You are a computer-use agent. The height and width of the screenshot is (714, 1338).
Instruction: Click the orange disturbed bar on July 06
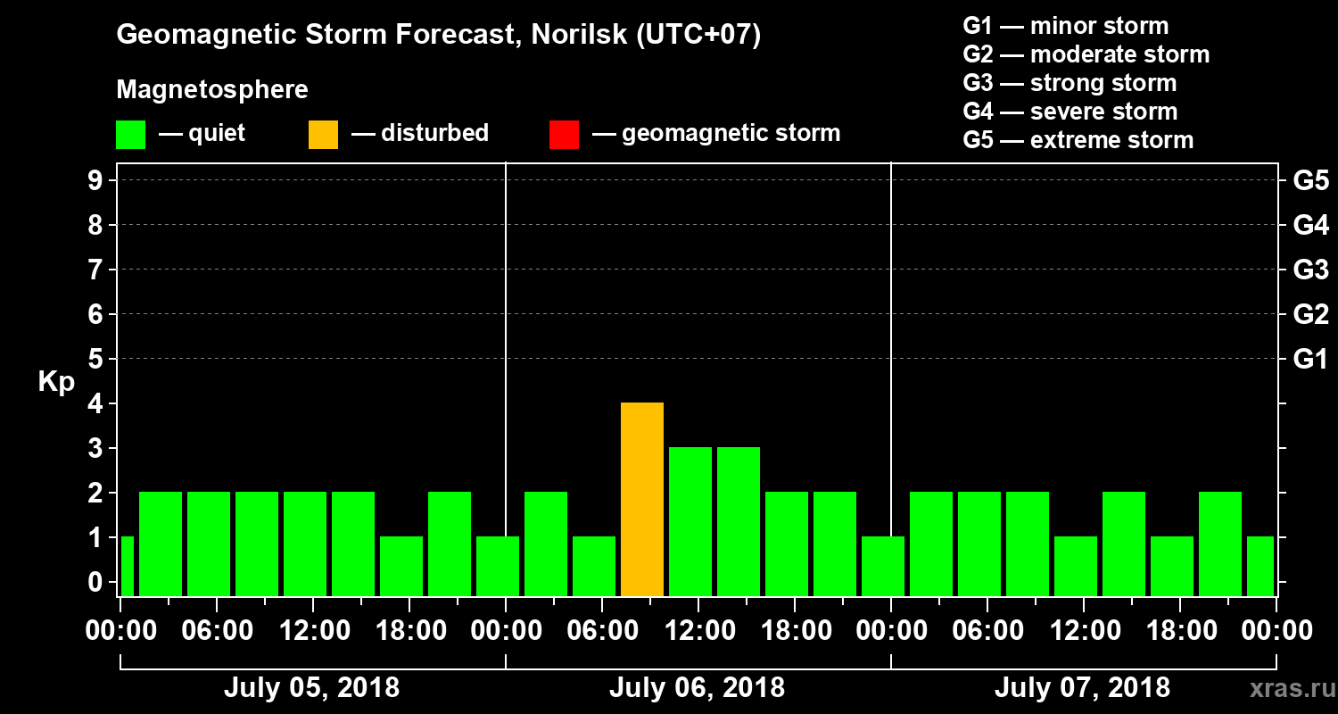642,499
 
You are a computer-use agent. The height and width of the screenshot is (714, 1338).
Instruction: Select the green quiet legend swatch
130,135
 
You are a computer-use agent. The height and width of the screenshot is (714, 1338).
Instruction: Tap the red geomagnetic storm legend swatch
564,135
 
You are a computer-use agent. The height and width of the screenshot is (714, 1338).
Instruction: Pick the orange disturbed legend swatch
323,135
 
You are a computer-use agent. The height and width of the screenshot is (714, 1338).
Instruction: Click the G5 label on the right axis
1310,181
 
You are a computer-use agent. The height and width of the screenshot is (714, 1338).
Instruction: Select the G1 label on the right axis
1310,360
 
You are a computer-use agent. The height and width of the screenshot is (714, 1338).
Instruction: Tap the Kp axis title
56,381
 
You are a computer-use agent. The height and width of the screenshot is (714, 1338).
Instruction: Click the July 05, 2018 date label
311,688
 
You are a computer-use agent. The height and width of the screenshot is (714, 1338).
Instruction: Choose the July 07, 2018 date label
1082,688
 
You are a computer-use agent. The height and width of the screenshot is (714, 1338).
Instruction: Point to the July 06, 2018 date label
697,688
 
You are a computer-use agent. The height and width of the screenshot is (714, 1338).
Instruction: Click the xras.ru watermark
1286,688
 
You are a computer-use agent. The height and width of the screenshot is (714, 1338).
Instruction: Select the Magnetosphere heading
212,90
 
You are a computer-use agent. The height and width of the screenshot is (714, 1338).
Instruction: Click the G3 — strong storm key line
1070,83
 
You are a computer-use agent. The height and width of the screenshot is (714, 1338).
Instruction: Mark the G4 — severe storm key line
1070,112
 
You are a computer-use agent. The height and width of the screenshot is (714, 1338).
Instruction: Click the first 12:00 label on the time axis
313,631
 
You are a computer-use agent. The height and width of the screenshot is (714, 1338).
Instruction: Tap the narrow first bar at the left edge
127,566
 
